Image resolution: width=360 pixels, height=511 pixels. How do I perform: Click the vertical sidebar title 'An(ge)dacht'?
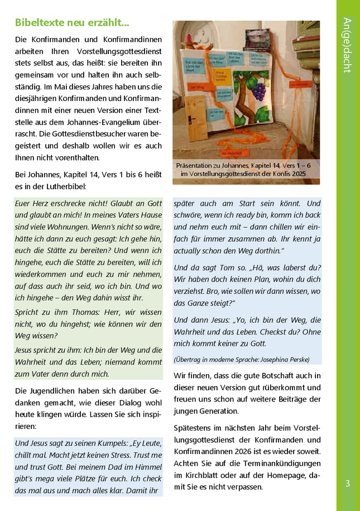point(347,45)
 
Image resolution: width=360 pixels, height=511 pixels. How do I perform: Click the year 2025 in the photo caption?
point(297,175)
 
